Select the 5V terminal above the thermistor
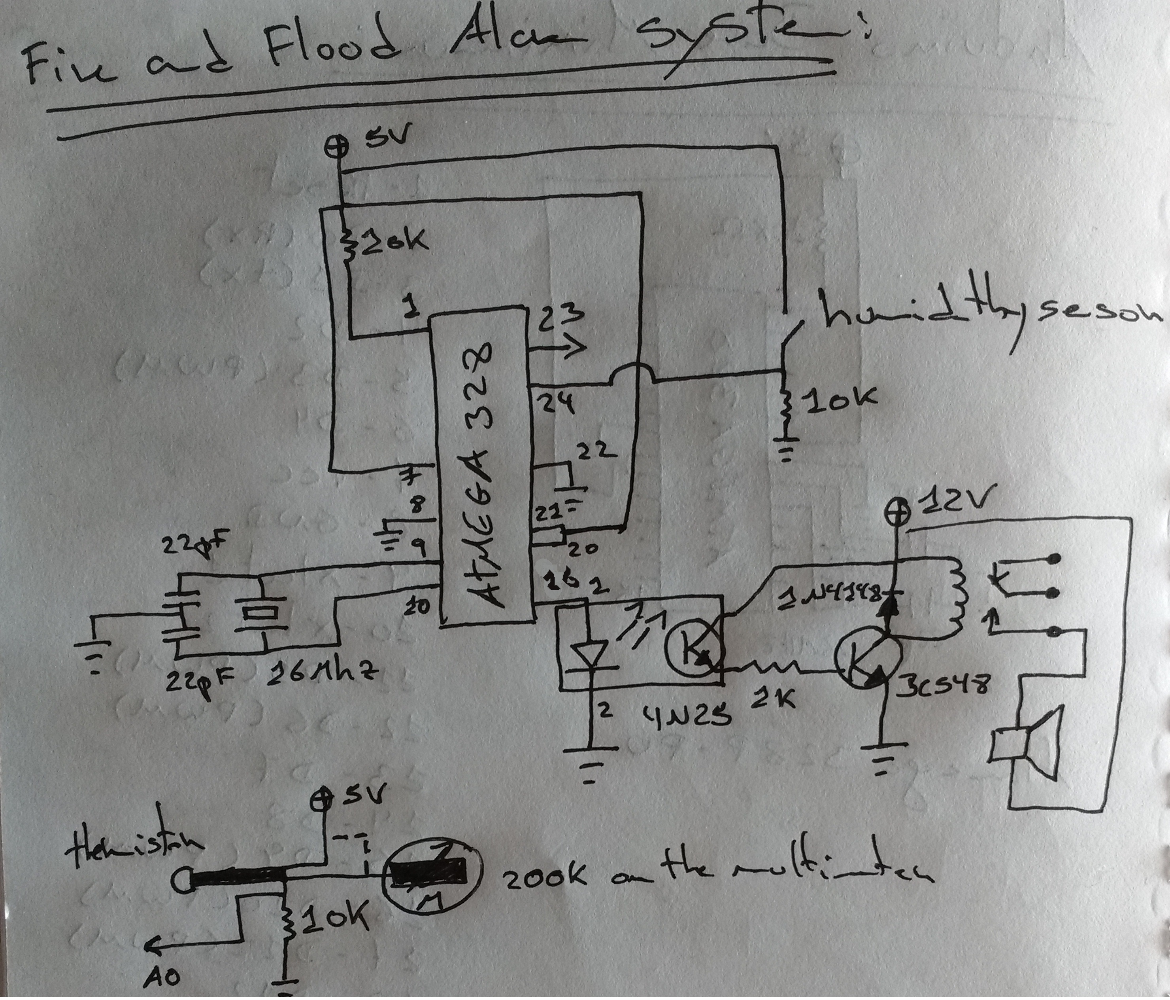322,798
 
